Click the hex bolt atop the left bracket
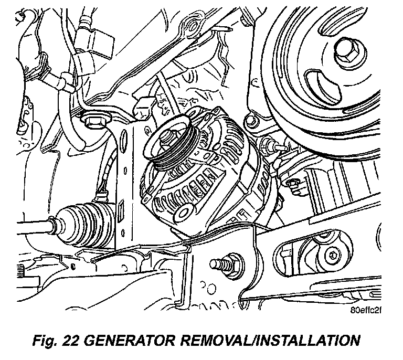95,120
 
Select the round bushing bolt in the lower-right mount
332,255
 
